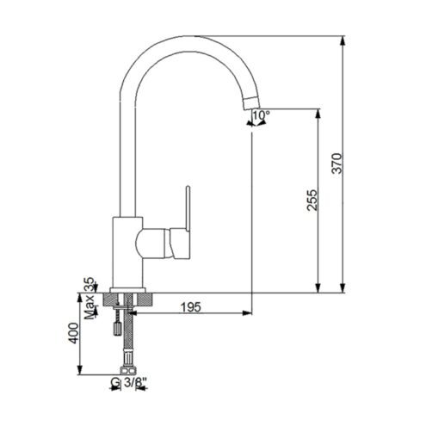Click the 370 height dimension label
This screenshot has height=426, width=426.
pos(336,164)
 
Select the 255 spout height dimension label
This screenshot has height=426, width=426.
pos(312,200)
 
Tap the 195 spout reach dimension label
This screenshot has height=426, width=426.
pos(191,307)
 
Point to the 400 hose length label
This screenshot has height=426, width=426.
pos(74,333)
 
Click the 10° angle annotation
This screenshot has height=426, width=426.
pos(261,115)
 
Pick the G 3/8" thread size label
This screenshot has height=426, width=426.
pos(129,382)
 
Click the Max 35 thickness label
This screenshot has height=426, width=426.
pos(90,298)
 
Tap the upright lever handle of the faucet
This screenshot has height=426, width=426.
pos(188,209)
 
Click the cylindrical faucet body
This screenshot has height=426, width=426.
pos(127,252)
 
